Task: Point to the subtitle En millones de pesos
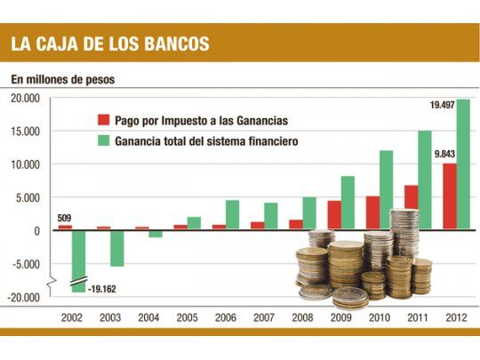pyautogui.click(x=62, y=79)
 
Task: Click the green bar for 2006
pyautogui.click(x=232, y=214)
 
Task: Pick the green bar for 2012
pyautogui.click(x=463, y=164)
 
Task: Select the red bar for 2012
pyautogui.click(x=450, y=196)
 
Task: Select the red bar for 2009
pyautogui.click(x=334, y=215)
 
